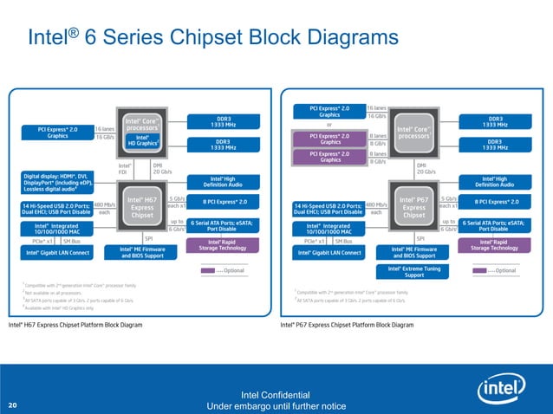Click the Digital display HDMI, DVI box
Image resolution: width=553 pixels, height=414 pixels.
(x=55, y=183)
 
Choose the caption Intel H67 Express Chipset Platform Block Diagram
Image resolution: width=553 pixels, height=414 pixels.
(x=75, y=325)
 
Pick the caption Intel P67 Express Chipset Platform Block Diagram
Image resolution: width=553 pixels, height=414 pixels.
(x=348, y=325)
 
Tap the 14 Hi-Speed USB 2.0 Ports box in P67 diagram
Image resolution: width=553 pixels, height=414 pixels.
(x=329, y=208)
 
